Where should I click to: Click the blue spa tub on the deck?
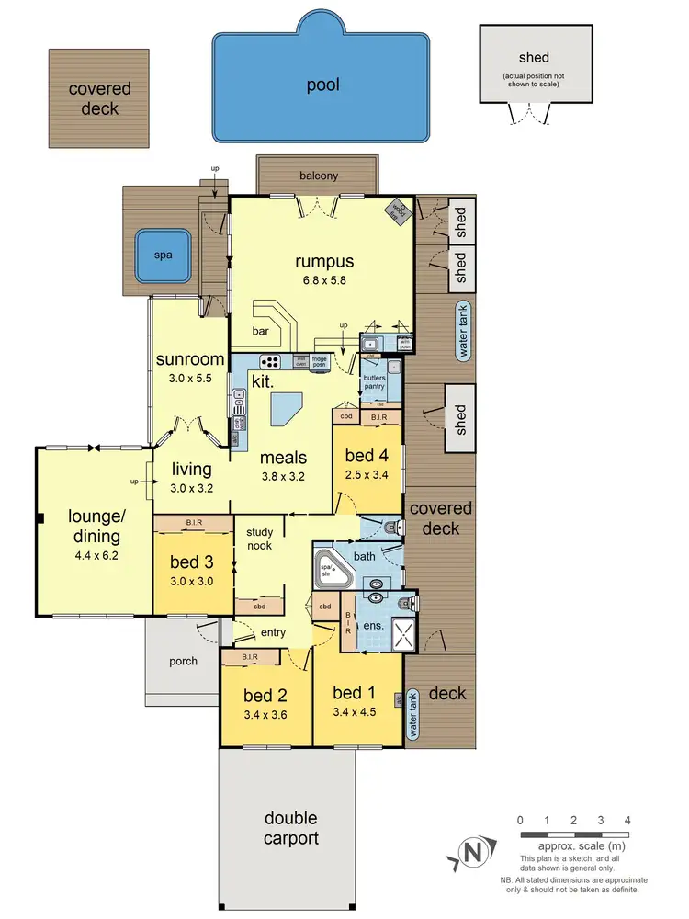[163, 256]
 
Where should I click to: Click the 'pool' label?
[322, 85]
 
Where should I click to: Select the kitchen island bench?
[287, 405]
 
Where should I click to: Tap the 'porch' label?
[183, 661]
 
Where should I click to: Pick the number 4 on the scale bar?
[627, 820]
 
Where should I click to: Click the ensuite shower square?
[399, 633]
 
